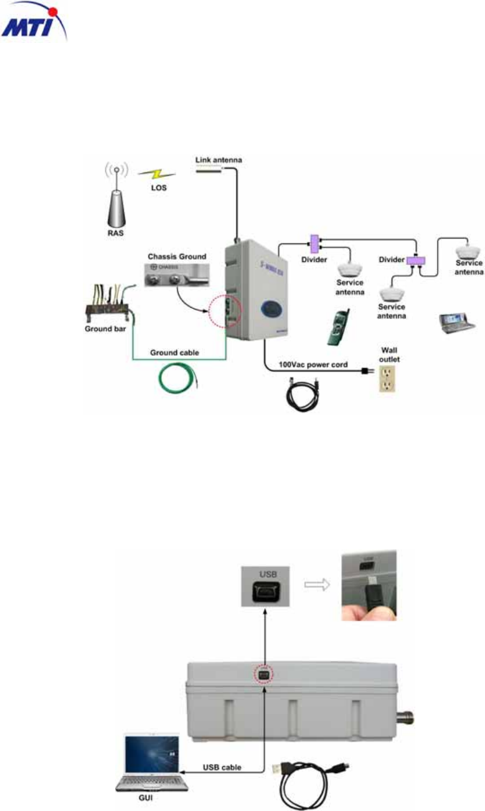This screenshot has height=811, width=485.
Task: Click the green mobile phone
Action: coord(339,326)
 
